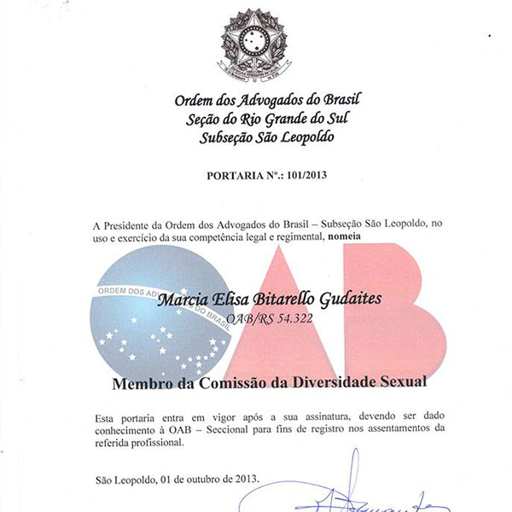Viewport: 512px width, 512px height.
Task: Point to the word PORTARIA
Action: [236, 177]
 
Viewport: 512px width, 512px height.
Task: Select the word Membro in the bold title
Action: [140, 384]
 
